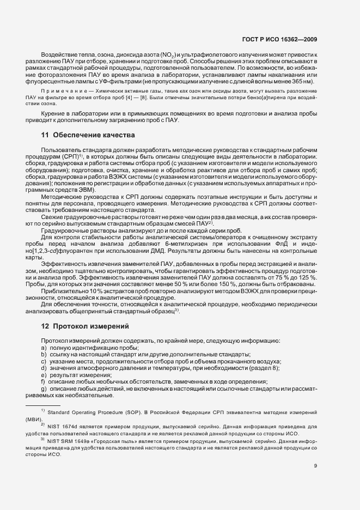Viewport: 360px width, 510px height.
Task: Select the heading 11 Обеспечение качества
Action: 89,134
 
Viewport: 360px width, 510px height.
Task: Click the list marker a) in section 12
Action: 44,348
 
